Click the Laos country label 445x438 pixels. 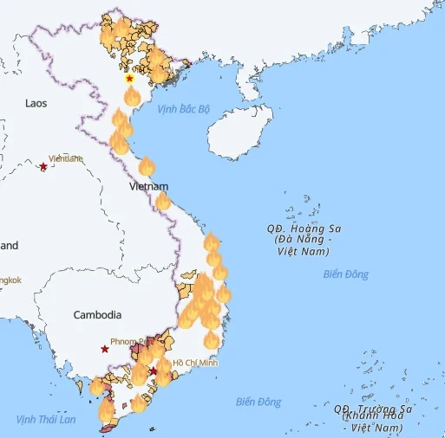pyautogui.click(x=36, y=102)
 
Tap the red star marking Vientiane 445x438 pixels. pyautogui.click(x=43, y=165)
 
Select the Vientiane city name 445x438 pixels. pyautogui.click(x=66, y=158)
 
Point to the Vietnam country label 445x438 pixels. pyautogui.click(x=148, y=186)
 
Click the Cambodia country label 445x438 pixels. pyautogui.click(x=97, y=315)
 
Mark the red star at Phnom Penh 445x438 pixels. pyautogui.click(x=105, y=349)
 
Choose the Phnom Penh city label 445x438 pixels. pyautogui.click(x=130, y=341)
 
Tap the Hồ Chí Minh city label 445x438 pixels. pyautogui.click(x=195, y=363)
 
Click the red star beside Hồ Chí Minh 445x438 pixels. pyautogui.click(x=154, y=371)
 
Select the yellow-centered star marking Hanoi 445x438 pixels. pyautogui.click(x=129, y=79)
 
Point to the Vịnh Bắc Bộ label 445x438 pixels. pyautogui.click(x=184, y=109)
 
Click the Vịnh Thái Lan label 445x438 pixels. pyautogui.click(x=46, y=419)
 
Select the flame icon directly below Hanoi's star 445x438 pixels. pyautogui.click(x=132, y=95)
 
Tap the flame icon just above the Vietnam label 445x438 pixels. pyautogui.click(x=146, y=166)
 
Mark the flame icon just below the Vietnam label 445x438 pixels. pyautogui.click(x=161, y=202)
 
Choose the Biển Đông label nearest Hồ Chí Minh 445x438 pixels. pyautogui.click(x=258, y=402)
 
